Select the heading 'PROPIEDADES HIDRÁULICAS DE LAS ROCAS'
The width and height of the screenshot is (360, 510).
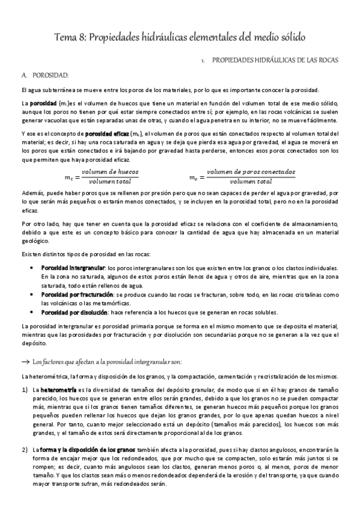click(x=276, y=60)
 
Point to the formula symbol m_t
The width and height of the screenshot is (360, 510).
click(x=68, y=177)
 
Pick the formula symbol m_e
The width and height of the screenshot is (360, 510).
click(x=194, y=177)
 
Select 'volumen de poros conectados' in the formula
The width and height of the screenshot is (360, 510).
click(x=251, y=172)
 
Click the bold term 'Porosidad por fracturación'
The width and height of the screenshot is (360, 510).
click(x=77, y=295)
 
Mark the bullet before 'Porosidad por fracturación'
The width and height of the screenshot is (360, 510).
click(x=31, y=295)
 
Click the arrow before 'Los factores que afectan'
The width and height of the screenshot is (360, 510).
click(x=25, y=361)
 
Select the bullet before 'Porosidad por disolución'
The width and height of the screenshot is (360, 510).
click(x=31, y=313)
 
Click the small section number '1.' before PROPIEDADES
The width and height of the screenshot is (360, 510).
click(x=204, y=61)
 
